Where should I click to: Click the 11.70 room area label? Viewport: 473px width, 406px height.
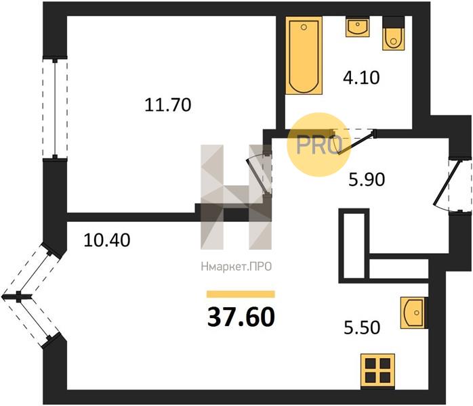168,105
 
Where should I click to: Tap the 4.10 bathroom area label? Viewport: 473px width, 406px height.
361,77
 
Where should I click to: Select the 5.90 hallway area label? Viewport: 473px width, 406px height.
367,179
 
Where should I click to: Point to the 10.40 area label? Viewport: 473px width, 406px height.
107,240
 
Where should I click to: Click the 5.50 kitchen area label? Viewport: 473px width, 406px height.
362,328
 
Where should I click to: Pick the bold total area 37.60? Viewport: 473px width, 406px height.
241,317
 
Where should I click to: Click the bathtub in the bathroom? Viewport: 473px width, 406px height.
304,55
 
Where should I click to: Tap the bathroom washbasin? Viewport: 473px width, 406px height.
358,27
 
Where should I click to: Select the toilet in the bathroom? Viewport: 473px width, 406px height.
393,34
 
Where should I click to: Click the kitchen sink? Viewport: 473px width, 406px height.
414,313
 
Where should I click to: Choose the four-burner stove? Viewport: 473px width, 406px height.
377,370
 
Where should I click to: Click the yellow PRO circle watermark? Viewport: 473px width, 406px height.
319,144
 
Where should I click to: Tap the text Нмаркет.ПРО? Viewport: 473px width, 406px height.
236,267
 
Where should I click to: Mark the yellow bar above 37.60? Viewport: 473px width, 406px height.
241,294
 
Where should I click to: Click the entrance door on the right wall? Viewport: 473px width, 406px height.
448,183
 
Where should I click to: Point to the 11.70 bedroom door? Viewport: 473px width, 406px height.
257,175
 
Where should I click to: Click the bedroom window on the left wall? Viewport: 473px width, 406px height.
55,108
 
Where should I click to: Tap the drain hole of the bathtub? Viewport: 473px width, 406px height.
304,27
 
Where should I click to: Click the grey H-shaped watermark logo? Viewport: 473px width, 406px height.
236,198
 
